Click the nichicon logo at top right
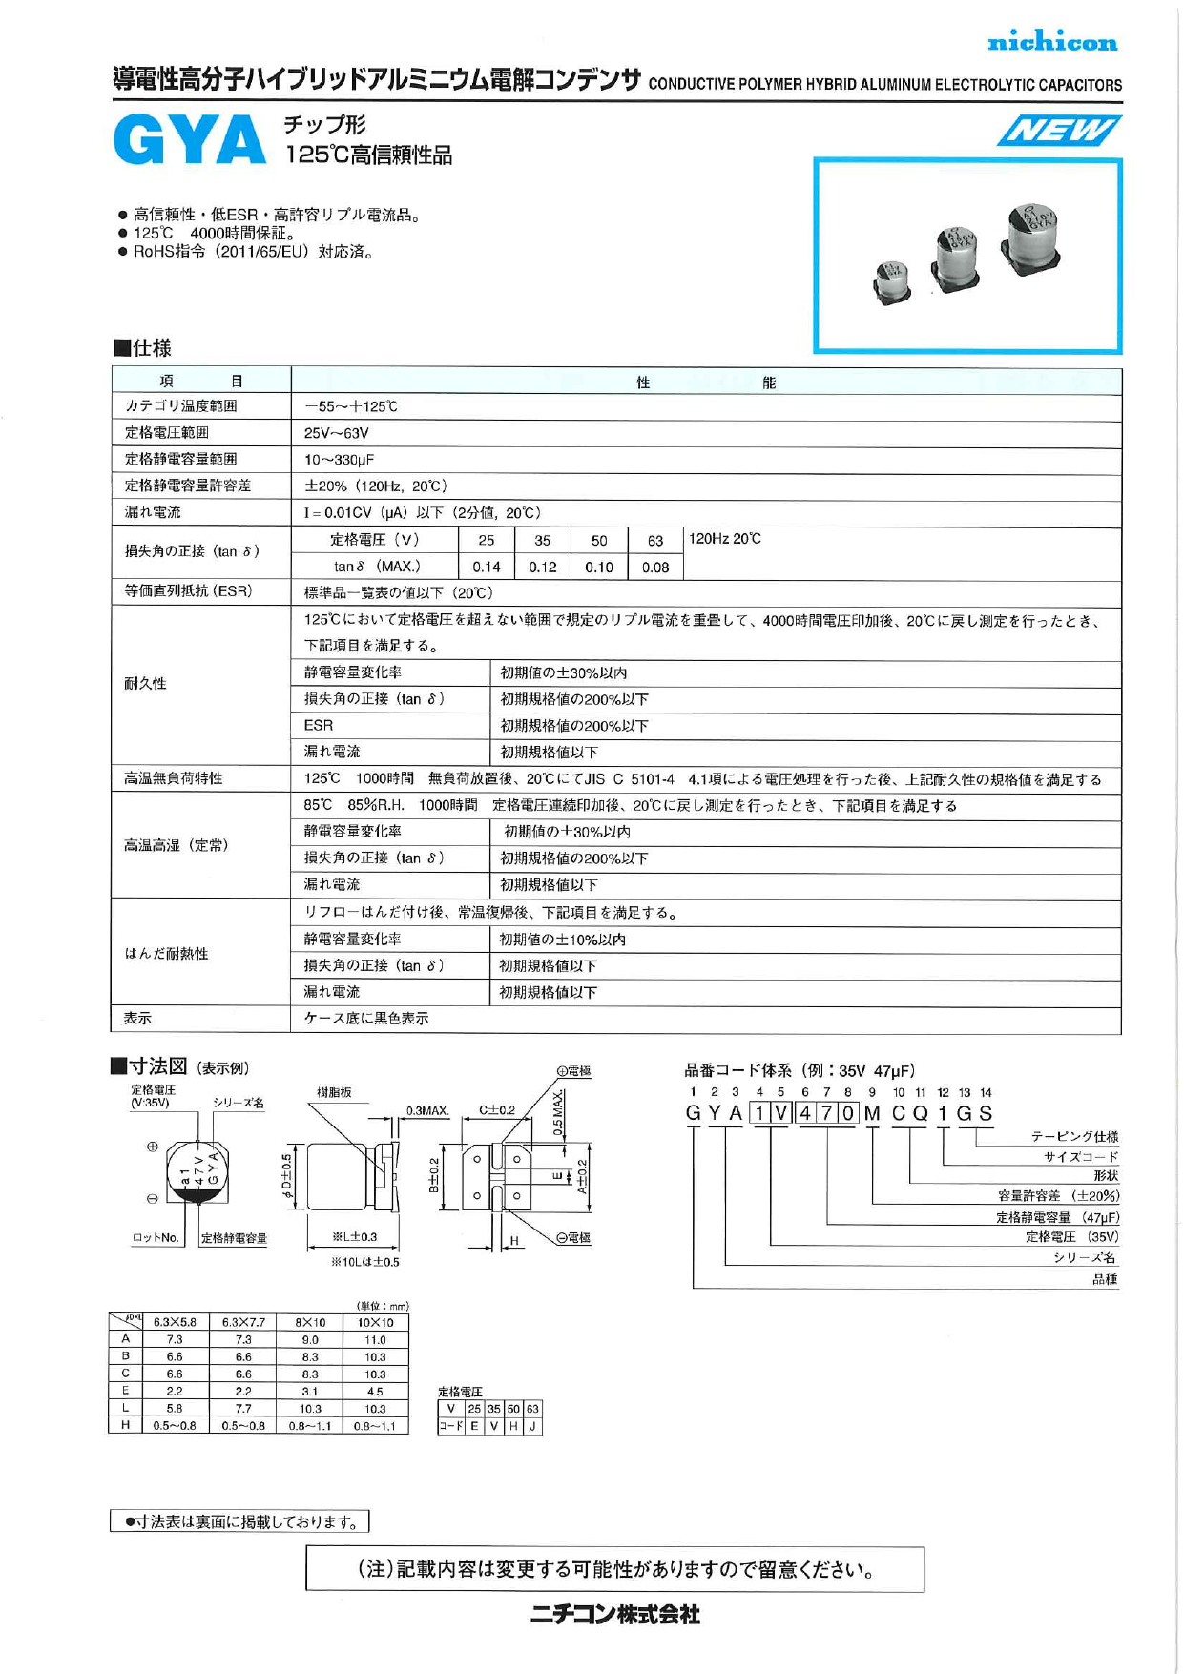[1051, 41]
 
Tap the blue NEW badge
[1058, 130]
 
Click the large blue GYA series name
[189, 140]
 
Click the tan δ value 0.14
[487, 567]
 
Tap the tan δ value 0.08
[654, 567]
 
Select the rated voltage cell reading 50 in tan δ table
[598, 540]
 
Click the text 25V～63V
[336, 433]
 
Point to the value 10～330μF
[339, 460]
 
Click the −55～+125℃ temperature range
[350, 406]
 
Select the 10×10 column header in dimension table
[375, 1322]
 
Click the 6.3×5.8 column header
[175, 1322]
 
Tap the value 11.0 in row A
[375, 1339]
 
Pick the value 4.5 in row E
[375, 1391]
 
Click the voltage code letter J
[532, 1426]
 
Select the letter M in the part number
[872, 1113]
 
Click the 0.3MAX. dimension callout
[427, 1111]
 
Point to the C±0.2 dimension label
[497, 1110]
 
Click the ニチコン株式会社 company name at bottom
[615, 1614]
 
